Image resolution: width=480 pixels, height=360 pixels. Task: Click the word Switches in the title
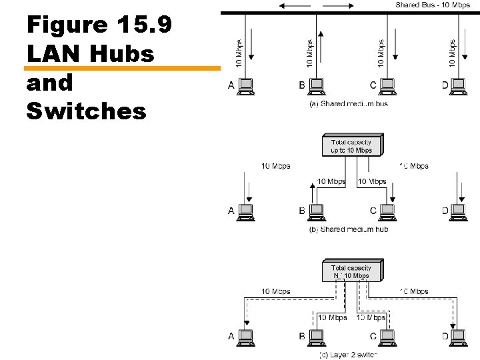point(86,111)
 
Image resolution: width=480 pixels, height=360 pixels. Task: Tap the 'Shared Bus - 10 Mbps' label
point(433,5)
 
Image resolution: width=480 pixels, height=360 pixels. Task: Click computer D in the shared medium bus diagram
point(458,85)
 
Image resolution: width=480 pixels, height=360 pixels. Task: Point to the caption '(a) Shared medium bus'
point(347,103)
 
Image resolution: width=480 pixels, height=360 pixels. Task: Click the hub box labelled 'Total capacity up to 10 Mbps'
point(351,146)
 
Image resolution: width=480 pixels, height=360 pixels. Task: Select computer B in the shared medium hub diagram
point(317,211)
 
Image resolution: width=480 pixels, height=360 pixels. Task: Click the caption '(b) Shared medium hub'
point(347,229)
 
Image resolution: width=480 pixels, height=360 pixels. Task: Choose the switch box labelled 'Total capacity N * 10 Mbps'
point(351,271)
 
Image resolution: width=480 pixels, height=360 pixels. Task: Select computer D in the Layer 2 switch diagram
point(458,336)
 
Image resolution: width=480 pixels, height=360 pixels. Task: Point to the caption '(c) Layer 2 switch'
point(347,354)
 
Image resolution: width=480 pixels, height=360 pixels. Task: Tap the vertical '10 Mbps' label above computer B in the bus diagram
point(309,51)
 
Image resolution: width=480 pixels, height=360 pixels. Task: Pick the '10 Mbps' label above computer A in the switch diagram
point(275,291)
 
